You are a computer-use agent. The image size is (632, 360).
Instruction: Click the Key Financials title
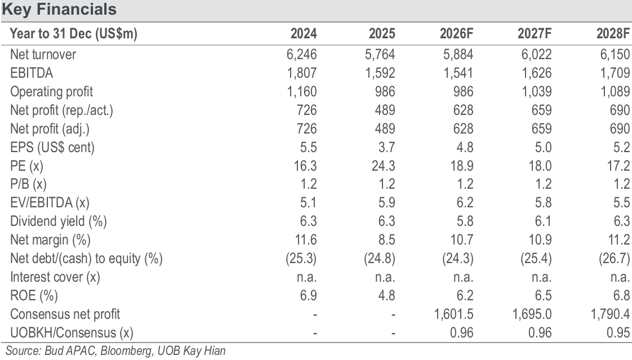click(x=59, y=9)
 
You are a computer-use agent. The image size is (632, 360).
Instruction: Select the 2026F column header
click(x=456, y=33)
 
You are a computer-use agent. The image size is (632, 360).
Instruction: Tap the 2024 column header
click(x=304, y=33)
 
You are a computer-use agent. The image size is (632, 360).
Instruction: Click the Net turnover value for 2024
click(x=301, y=55)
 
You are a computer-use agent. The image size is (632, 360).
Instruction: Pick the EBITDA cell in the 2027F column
click(x=536, y=73)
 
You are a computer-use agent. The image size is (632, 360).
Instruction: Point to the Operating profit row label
click(x=52, y=92)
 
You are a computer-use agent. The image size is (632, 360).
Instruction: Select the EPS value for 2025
click(x=386, y=147)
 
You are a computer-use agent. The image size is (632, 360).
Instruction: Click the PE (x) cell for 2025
click(x=383, y=166)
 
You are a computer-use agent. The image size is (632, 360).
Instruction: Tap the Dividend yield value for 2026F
click(x=465, y=221)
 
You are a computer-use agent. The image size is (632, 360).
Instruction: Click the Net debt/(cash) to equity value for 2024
click(x=301, y=259)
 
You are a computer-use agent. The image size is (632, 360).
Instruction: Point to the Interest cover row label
click(x=55, y=277)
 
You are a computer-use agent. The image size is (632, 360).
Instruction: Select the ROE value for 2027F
click(x=543, y=296)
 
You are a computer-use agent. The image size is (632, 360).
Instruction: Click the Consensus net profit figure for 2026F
click(x=453, y=314)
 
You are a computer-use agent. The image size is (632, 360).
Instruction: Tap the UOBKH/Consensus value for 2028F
click(x=618, y=332)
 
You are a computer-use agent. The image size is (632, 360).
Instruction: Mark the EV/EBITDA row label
click(x=50, y=203)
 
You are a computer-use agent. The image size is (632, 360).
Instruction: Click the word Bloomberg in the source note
click(x=127, y=351)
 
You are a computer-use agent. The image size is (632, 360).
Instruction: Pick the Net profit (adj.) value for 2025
click(x=385, y=128)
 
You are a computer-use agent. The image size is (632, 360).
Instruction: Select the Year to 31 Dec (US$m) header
click(x=73, y=33)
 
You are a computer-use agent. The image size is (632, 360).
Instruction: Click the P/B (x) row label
click(x=28, y=184)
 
